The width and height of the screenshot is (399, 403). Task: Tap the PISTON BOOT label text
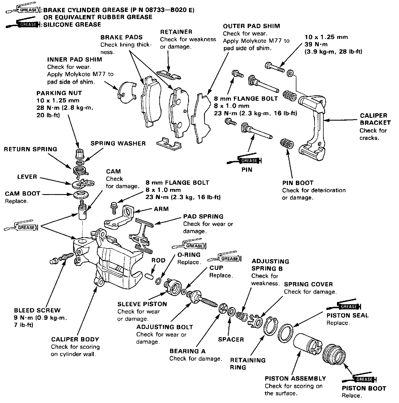click(x=364, y=388)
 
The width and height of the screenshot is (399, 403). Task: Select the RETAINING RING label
click(x=248, y=364)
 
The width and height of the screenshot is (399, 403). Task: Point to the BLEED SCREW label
click(x=37, y=310)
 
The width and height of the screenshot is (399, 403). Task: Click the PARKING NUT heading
click(x=59, y=93)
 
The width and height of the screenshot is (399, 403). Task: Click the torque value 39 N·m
click(x=316, y=45)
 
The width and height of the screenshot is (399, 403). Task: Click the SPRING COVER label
click(x=308, y=284)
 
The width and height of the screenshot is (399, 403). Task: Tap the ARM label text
click(x=161, y=209)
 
